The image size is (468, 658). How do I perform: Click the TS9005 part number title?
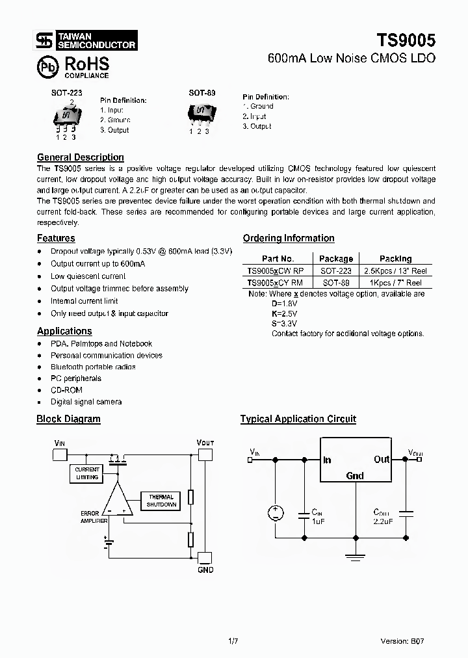coord(404,39)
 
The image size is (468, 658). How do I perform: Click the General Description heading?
coord(80,157)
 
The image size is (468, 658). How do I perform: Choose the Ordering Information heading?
coord(289,238)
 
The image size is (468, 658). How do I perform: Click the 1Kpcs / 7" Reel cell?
coord(395,283)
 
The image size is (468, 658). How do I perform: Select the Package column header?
coord(335,258)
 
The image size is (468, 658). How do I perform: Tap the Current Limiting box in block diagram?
coord(86,473)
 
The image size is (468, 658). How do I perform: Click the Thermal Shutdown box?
coord(161,501)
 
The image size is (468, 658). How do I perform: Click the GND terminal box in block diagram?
coord(204,557)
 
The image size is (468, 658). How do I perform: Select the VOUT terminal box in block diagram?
coord(204,453)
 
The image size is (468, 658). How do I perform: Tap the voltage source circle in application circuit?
coord(275,513)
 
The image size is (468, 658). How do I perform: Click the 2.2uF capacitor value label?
coord(383,521)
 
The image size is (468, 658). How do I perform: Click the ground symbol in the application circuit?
coord(355,554)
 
